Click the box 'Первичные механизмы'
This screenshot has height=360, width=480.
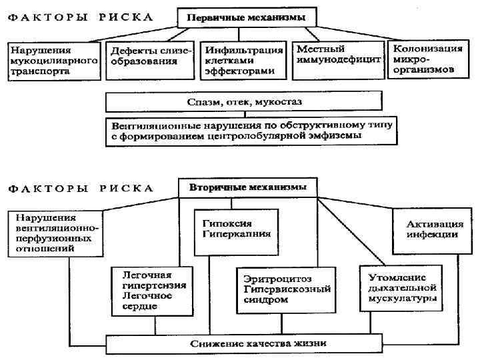tap(247, 17)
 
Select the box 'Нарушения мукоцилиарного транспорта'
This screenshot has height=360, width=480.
tap(53, 61)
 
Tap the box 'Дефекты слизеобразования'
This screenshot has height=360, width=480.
tap(150, 57)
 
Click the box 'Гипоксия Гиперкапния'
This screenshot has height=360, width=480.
tap(231, 230)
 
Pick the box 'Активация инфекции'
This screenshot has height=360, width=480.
tap(432, 230)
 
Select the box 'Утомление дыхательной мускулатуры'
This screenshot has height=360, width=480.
tap(399, 288)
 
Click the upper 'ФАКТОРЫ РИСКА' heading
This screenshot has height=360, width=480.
tap(81, 17)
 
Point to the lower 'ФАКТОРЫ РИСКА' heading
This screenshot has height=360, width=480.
tap(81, 188)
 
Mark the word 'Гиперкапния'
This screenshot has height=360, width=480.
tap(230, 235)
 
